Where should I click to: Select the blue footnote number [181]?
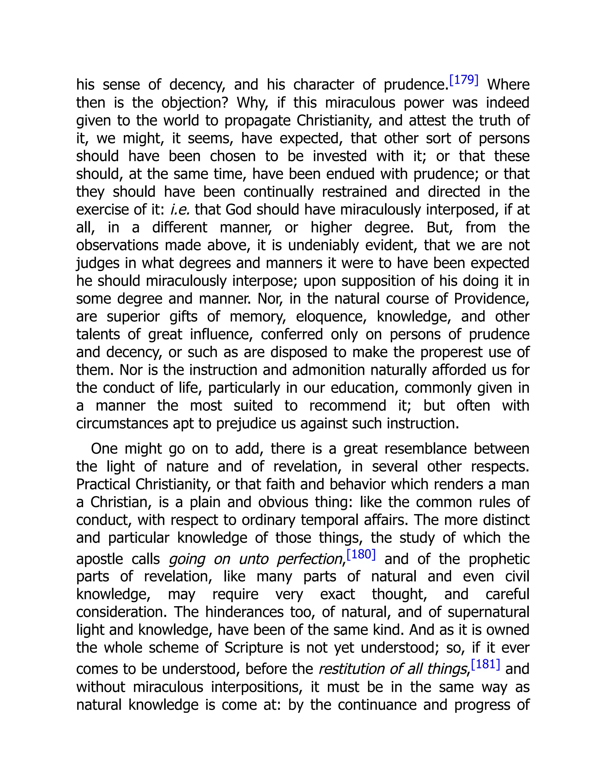pyautogui.click(x=485, y=664)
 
